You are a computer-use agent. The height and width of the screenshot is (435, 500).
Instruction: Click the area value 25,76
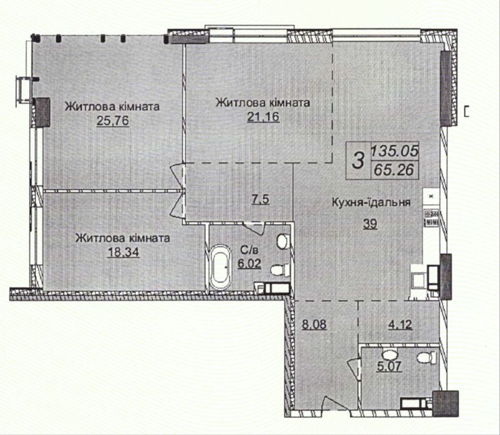112,121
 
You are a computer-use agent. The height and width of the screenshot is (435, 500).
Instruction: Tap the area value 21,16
263,117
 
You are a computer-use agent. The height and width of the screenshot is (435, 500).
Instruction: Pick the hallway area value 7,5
261,200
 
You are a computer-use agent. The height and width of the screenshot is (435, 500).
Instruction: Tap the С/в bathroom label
246,250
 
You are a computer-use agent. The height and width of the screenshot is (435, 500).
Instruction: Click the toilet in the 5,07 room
425,357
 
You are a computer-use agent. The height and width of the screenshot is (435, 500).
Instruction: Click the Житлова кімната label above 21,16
263,103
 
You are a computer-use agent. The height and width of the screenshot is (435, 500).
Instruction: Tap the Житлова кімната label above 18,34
122,238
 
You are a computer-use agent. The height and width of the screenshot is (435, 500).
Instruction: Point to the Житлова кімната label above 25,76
113,107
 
